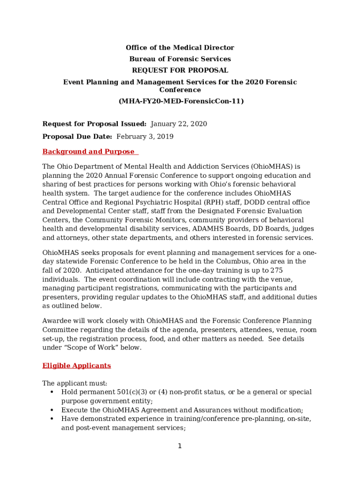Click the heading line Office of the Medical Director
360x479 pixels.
[180, 48]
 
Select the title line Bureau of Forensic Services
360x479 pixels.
[180, 59]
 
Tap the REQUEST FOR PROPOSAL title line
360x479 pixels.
[180, 71]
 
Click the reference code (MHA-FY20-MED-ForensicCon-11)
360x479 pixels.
[180, 101]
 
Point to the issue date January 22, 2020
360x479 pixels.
[179, 124]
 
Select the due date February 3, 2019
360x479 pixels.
[145, 137]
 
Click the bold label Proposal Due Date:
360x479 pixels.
[77, 137]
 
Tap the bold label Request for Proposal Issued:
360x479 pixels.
[94, 124]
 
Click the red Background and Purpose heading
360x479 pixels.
[89, 152]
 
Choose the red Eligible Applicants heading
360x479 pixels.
[77, 365]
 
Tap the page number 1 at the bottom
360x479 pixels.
[180, 446]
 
